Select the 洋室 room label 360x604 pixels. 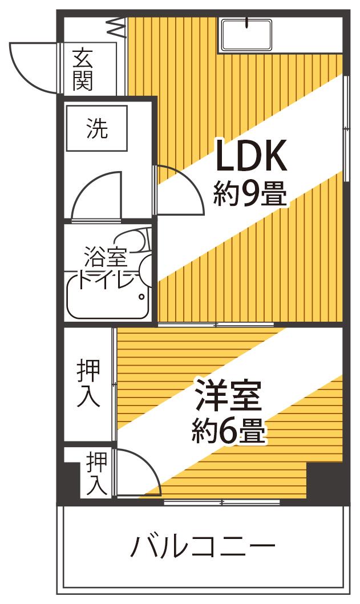pos(229,395)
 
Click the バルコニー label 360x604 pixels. pos(203,546)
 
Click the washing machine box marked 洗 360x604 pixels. pos(97,128)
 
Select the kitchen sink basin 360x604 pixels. pos(246,35)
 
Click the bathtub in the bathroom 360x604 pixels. pos(108,295)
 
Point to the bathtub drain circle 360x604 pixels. pos(142,297)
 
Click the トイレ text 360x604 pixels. pos(107,280)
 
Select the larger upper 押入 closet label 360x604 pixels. pos(88,383)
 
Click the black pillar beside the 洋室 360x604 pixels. pos(325,481)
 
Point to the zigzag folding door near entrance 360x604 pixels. pos(117,27)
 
